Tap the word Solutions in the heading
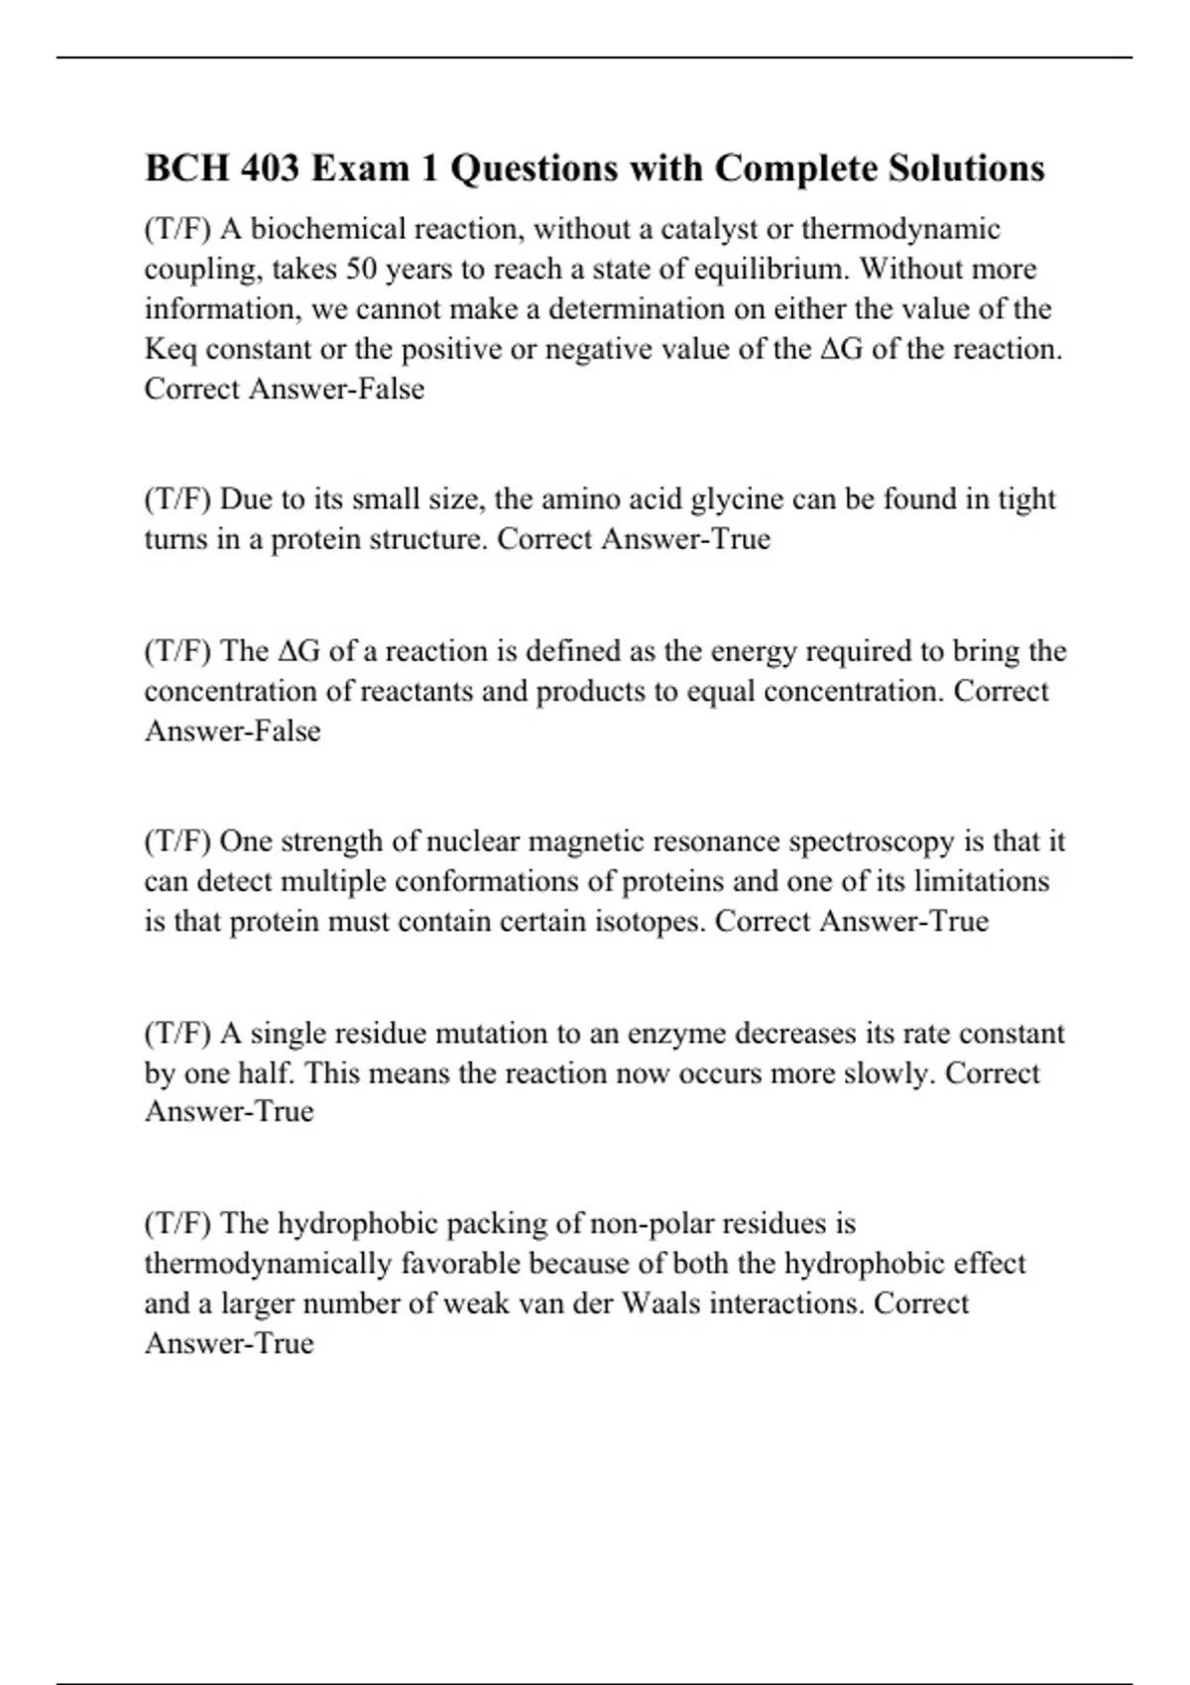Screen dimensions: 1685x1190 (966, 168)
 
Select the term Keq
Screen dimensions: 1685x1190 (171, 350)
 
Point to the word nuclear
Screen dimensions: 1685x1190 (473, 842)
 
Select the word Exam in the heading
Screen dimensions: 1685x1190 (360, 168)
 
